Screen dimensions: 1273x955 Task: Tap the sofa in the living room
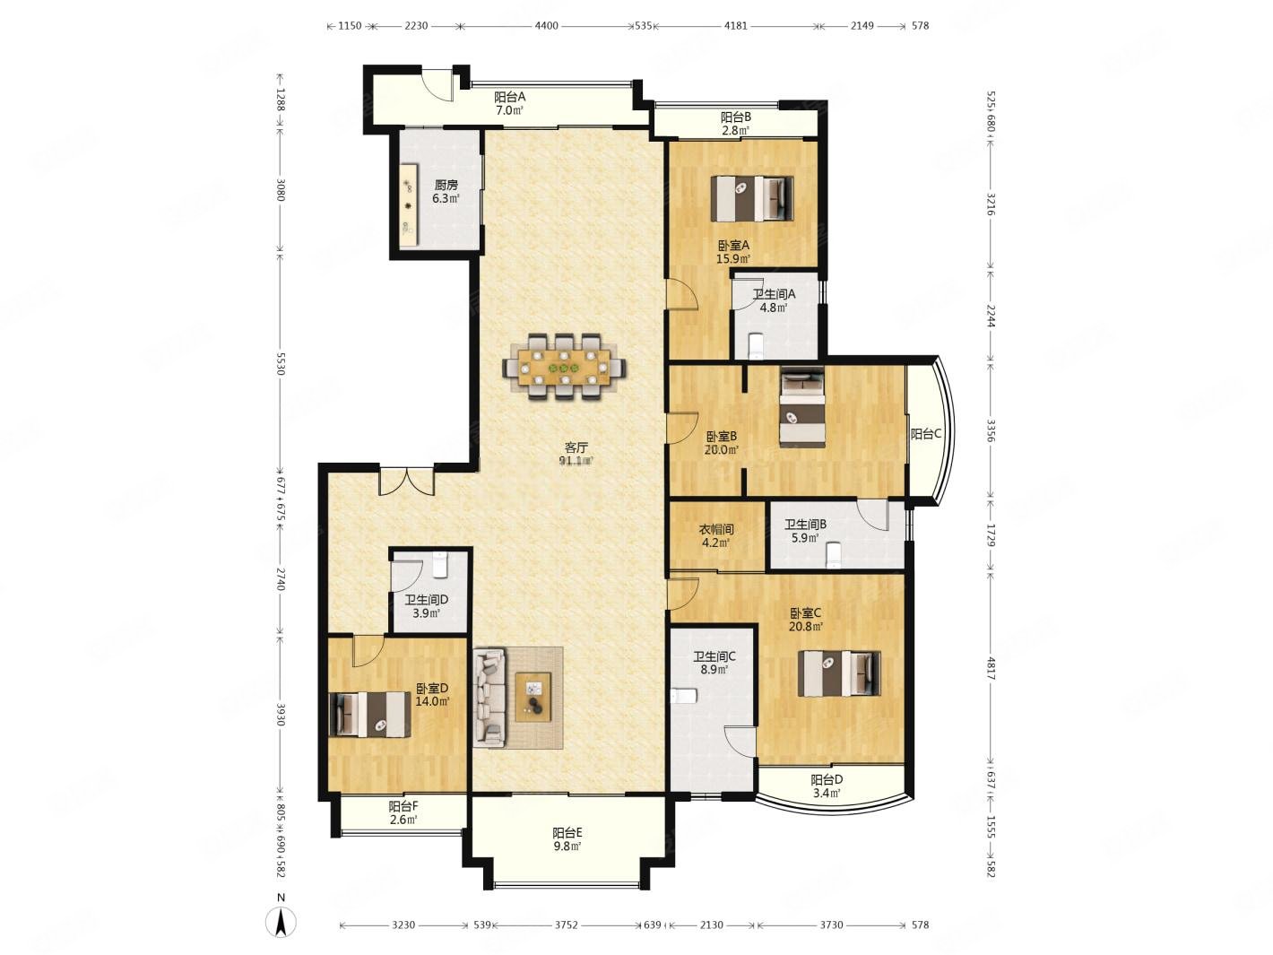coord(489,698)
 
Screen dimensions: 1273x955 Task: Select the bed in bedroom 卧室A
coord(751,198)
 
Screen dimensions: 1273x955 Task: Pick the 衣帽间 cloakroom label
coord(715,529)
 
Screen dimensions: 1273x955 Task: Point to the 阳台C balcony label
coord(924,433)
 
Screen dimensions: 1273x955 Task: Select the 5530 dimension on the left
coord(281,363)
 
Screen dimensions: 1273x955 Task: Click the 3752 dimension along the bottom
coord(566,925)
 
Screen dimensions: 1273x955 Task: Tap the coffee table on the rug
coord(533,697)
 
